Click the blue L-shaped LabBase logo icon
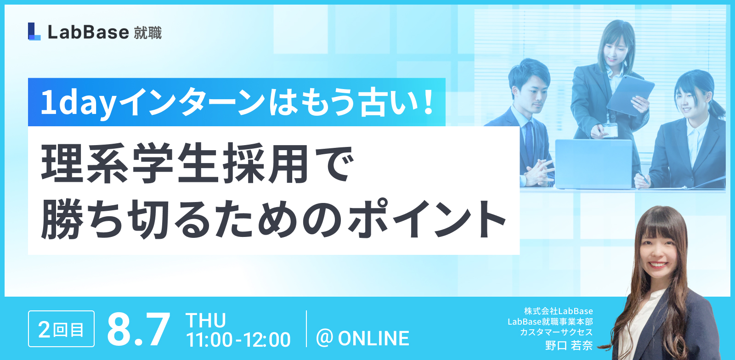click(34, 32)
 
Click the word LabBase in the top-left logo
click(88, 32)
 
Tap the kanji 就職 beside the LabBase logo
click(148, 33)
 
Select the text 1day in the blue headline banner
click(79, 103)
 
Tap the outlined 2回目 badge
click(62, 329)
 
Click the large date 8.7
click(139, 329)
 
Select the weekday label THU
click(206, 320)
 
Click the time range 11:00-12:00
click(238, 339)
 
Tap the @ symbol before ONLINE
click(324, 337)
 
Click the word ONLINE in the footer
click(374, 338)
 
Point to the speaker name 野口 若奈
click(569, 345)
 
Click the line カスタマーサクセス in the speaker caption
click(556, 332)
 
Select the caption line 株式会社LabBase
click(559, 311)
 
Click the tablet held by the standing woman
click(630, 95)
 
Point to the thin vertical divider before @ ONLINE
click(306, 328)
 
